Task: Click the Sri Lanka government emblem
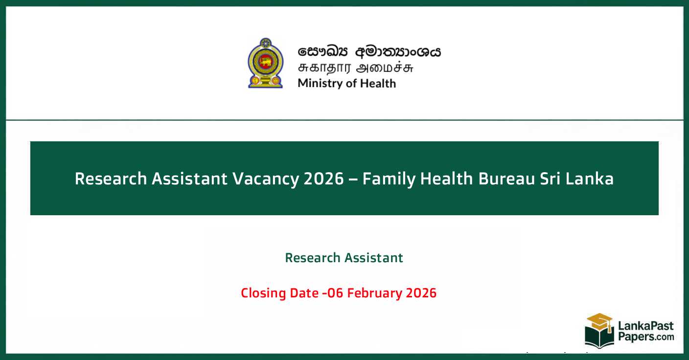point(265,63)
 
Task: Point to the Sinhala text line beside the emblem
point(369,51)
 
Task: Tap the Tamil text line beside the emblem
point(356,67)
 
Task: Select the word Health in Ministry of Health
point(378,83)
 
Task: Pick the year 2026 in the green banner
point(323,179)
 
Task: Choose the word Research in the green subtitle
point(312,258)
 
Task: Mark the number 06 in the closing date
point(332,293)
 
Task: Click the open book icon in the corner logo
point(599,338)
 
